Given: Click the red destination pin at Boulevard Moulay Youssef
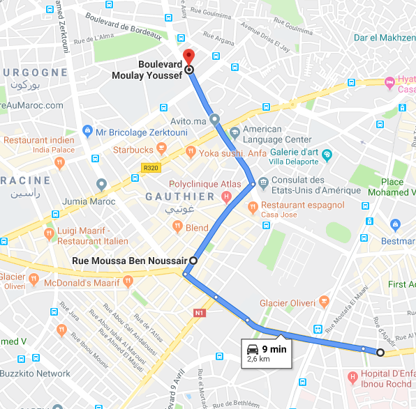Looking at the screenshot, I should coord(187,57).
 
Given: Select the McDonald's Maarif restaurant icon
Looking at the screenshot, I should coord(128,281).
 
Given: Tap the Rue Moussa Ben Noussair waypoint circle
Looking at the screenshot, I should coord(193,261).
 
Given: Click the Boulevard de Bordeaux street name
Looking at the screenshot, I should coord(124,27).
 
